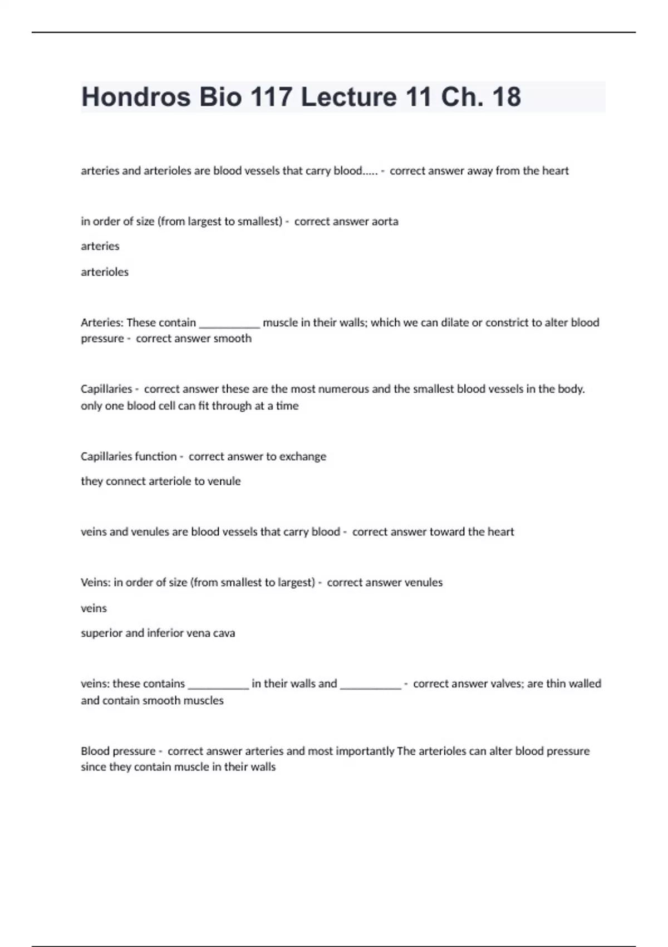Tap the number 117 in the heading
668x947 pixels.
(271, 97)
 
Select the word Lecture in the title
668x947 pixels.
(348, 97)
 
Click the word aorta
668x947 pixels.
(385, 221)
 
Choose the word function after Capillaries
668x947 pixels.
(151, 456)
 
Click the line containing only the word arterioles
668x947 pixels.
(105, 272)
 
